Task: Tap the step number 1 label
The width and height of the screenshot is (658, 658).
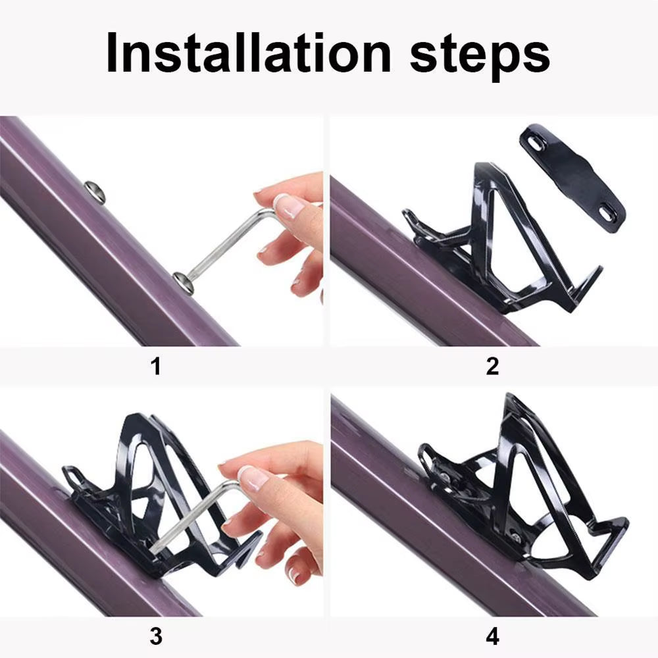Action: tap(156, 366)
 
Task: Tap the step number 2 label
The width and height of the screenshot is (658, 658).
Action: tap(492, 366)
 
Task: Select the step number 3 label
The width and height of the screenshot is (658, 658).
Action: tap(156, 636)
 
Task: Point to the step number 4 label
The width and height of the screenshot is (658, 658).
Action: tap(492, 636)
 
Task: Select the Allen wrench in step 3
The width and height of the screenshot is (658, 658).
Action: tap(197, 520)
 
